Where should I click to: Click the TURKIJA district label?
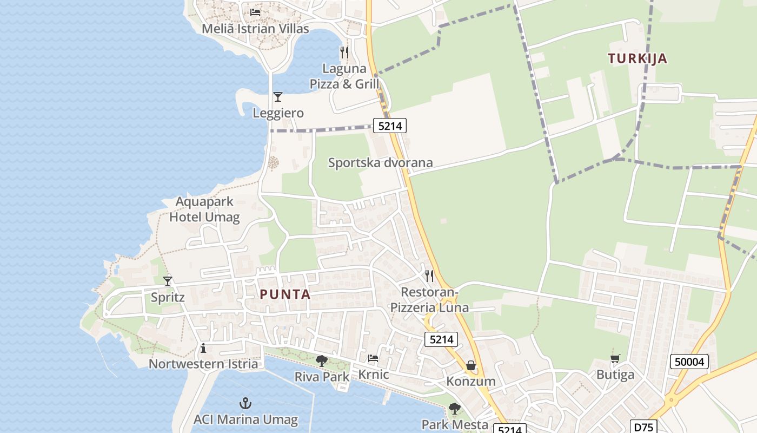[x=638, y=58]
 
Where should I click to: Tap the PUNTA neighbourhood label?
[x=285, y=294]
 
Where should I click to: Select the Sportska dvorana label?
[x=381, y=162]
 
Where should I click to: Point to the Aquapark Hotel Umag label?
[x=204, y=209]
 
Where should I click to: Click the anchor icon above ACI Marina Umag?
[x=245, y=403]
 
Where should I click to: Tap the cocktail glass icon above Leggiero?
[x=278, y=97]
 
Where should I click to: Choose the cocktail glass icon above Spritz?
[x=168, y=281]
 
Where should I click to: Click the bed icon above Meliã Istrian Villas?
[x=255, y=12]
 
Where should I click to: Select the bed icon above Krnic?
[x=373, y=358]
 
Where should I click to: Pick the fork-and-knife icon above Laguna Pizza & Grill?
[x=344, y=53]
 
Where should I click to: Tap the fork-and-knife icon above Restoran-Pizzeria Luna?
[x=429, y=276]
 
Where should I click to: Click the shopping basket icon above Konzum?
[x=471, y=365]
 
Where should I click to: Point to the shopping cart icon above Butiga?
[x=615, y=359]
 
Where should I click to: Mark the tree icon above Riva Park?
[x=322, y=360]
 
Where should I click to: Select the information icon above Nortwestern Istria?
[x=203, y=348]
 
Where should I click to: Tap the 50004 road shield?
[x=689, y=362]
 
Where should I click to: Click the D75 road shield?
[x=643, y=427]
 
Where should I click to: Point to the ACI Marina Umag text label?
[x=245, y=419]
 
